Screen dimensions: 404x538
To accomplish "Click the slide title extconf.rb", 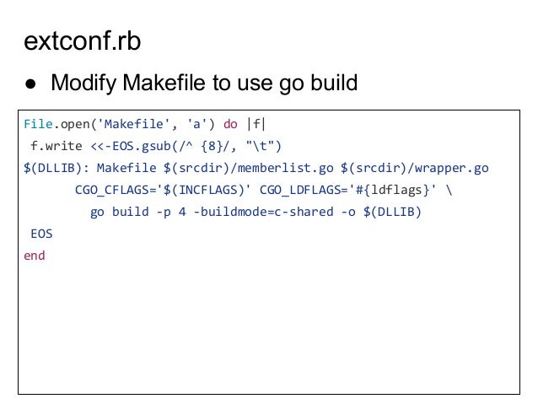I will tap(82, 41).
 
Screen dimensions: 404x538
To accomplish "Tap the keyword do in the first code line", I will tap(230, 125).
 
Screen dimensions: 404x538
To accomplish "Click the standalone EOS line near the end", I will tap(41, 234).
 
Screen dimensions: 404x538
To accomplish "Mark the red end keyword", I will tap(35, 256).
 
